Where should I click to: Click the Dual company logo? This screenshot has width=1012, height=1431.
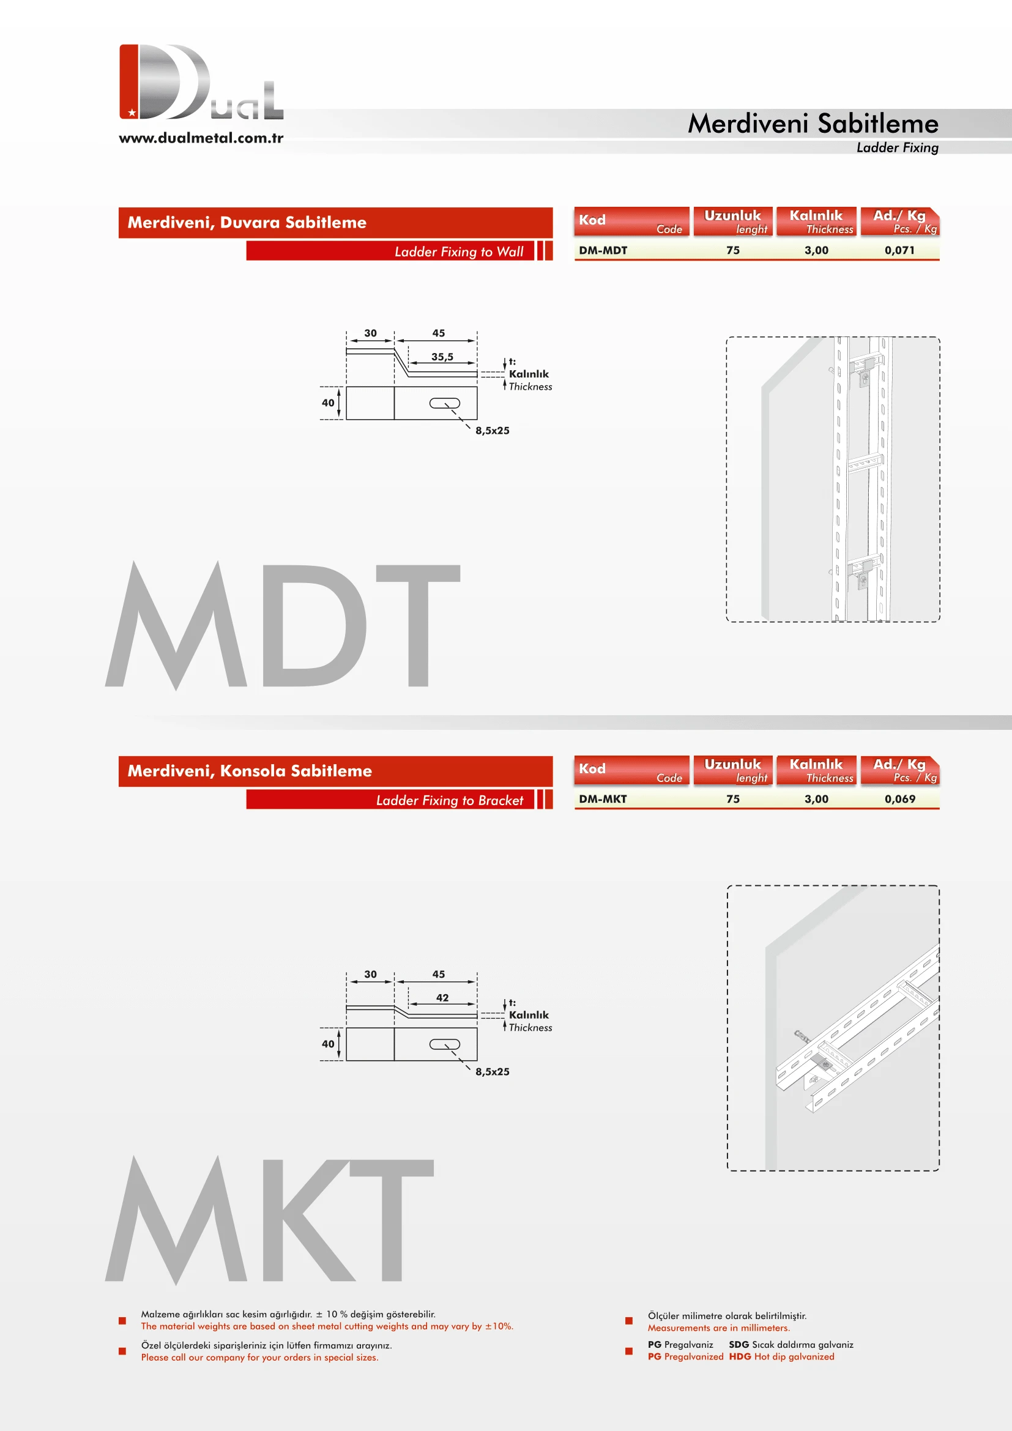[x=201, y=81]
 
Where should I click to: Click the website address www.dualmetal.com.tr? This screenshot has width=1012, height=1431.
[x=201, y=138]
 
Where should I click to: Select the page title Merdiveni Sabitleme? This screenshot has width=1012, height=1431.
[x=813, y=124]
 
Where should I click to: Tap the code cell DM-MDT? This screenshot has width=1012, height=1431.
[x=603, y=250]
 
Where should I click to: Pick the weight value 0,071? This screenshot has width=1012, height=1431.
[x=899, y=250]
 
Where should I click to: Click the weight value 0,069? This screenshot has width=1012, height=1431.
[x=899, y=798]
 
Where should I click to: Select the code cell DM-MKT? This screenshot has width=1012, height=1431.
[x=603, y=798]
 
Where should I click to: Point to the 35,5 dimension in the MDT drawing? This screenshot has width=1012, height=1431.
[x=442, y=357]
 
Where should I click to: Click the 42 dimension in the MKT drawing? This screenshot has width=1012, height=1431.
[x=442, y=997]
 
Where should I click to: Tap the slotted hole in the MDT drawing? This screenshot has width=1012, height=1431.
[x=444, y=403]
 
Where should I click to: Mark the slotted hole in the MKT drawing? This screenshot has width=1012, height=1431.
[x=444, y=1044]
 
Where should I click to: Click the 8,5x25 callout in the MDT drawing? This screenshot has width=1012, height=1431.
[x=493, y=430]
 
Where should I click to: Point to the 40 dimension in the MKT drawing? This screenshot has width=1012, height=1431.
[x=328, y=1043]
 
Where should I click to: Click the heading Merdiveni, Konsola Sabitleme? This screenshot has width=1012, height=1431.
[x=249, y=770]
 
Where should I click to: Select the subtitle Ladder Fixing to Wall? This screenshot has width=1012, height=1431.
[x=459, y=251]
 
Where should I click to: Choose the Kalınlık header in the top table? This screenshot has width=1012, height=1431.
[x=816, y=215]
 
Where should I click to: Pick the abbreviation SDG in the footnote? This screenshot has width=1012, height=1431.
[x=739, y=1344]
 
